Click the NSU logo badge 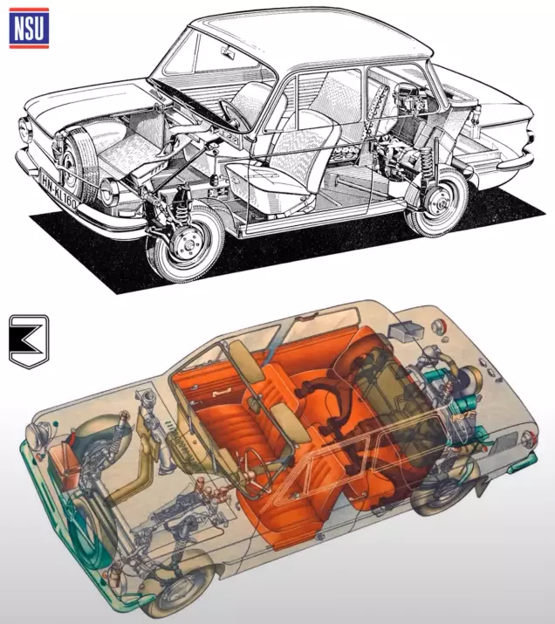click(x=29, y=28)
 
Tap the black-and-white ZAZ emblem click(x=29, y=341)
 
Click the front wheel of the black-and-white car click(x=186, y=243)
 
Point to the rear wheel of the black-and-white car click(x=438, y=202)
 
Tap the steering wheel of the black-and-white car click(x=236, y=115)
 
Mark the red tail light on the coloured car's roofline click(x=439, y=326)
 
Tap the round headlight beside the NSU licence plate click(x=109, y=192)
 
